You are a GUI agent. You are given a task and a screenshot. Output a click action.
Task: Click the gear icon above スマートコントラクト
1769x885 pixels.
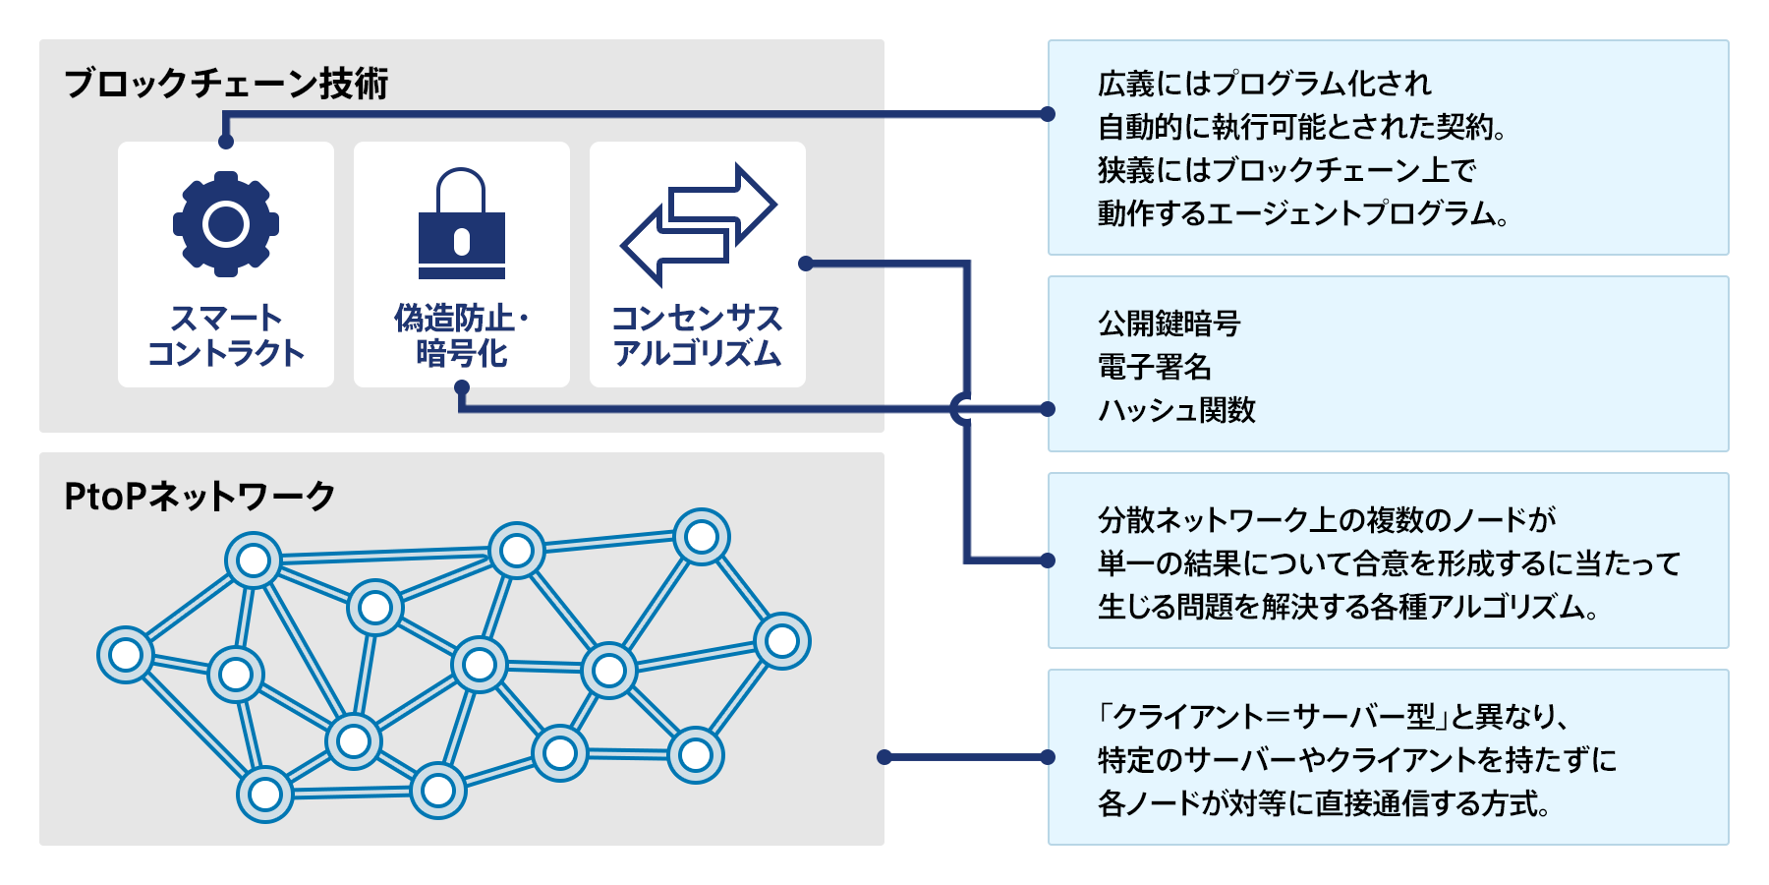point(226,223)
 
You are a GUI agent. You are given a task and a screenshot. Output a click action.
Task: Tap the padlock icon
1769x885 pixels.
point(461,226)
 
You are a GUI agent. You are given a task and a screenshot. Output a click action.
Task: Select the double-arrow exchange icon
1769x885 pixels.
point(698,224)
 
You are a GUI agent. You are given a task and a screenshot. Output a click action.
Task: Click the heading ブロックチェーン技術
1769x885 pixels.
point(226,84)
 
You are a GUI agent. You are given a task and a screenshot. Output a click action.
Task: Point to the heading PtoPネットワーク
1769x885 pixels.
point(200,497)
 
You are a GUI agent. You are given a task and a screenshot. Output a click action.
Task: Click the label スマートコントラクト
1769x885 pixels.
point(226,335)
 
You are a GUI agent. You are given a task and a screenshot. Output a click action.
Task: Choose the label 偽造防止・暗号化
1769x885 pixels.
point(461,335)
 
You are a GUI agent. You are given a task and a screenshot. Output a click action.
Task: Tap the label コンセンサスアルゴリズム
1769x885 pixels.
point(698,335)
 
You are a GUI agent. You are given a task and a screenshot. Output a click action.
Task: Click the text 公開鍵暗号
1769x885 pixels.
point(1169,323)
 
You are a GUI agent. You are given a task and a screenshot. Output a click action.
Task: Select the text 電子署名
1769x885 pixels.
point(1154,367)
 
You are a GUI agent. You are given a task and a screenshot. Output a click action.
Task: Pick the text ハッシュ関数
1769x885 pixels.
point(1176,410)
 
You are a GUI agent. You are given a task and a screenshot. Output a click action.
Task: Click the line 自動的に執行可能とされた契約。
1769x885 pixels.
point(1302,127)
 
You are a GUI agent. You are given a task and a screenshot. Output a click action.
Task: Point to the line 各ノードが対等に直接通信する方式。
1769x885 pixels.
point(1324,803)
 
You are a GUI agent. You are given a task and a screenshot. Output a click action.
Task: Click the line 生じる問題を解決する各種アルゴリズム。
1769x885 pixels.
point(1347,607)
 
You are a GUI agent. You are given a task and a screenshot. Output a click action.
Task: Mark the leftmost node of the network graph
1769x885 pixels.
point(126,654)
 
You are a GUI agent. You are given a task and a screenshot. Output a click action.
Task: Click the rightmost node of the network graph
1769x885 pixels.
point(782,641)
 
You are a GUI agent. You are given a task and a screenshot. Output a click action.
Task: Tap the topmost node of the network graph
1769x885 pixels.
point(702,537)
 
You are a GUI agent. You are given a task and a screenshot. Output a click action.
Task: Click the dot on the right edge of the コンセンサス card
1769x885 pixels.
point(806,264)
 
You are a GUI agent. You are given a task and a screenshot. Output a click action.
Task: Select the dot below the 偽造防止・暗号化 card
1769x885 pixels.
point(461,387)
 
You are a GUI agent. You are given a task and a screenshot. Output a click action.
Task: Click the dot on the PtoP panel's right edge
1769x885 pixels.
point(884,757)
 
